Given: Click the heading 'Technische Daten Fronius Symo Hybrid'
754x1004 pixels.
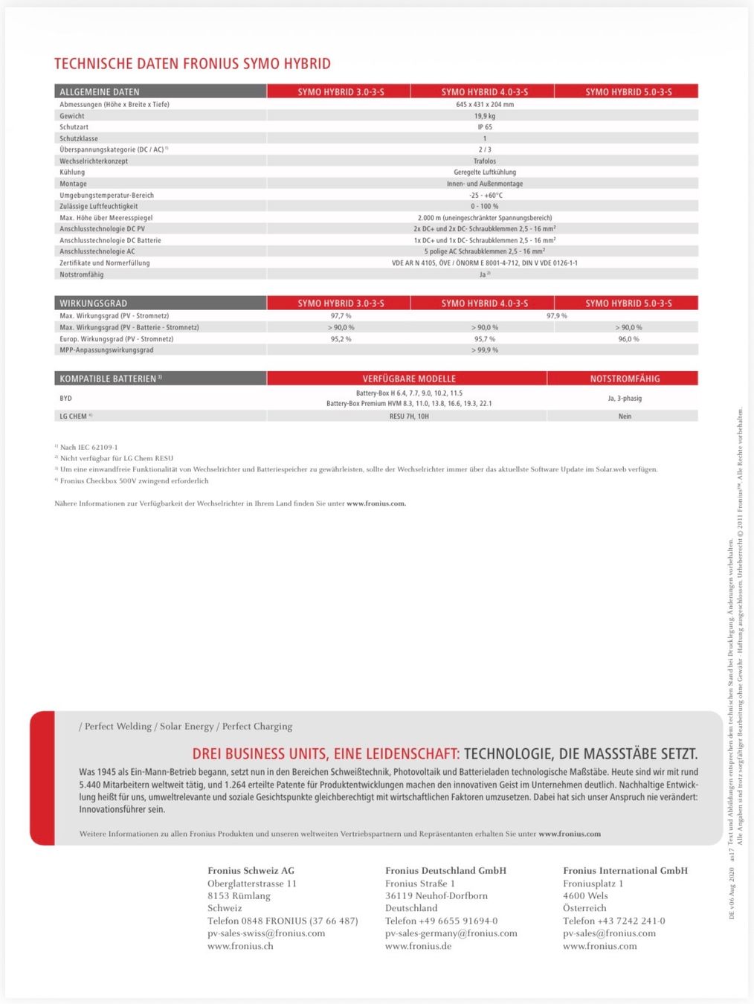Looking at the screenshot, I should pyautogui.click(x=193, y=64).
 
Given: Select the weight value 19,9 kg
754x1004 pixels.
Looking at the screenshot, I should pyautogui.click(x=485, y=116).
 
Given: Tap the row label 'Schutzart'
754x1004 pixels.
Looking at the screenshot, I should pyautogui.click(x=74, y=127).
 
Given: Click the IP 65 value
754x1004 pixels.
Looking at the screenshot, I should pyautogui.click(x=485, y=127).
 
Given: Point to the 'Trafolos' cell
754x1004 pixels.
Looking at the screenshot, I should pyautogui.click(x=485, y=161).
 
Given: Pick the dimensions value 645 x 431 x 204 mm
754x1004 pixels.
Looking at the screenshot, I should pyautogui.click(x=485, y=105).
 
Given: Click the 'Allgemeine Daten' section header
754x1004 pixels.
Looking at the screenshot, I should pyautogui.click(x=100, y=92).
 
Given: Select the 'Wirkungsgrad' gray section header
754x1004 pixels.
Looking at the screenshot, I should pyautogui.click(x=93, y=303).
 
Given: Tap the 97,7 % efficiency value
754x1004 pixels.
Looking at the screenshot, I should pyautogui.click(x=341, y=316).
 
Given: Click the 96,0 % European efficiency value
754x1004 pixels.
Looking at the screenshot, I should pyautogui.click(x=628, y=339).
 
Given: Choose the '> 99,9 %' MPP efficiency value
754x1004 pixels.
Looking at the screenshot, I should pyautogui.click(x=485, y=350).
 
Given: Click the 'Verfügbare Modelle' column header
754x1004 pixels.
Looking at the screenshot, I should pyautogui.click(x=409, y=379).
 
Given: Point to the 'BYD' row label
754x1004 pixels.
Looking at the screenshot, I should pyautogui.click(x=66, y=399).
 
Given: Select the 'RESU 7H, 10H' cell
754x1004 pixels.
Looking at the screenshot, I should pyautogui.click(x=409, y=416).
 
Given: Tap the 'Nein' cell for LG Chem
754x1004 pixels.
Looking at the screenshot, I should pyautogui.click(x=625, y=416).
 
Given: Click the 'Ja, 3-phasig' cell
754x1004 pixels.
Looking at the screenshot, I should pyautogui.click(x=625, y=399).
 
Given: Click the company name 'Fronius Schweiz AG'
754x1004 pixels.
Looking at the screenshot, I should pyautogui.click(x=251, y=871).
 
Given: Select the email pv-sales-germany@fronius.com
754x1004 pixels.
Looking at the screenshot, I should pyautogui.click(x=451, y=933).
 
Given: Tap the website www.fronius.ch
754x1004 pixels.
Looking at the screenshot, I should pyautogui.click(x=240, y=946).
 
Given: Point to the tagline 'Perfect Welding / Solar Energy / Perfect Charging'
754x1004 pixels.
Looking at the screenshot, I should pyautogui.click(x=185, y=727).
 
